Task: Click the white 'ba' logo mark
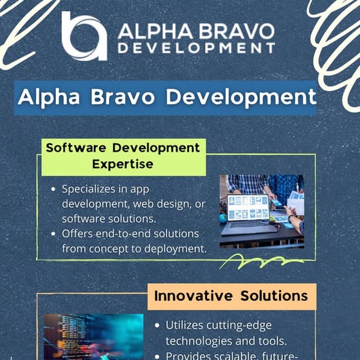point(84,35)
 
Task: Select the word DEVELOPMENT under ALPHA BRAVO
point(196,48)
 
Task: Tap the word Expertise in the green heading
point(122,164)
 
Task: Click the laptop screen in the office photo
point(249,208)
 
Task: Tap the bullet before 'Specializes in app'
point(53,190)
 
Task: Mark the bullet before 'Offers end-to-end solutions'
point(53,233)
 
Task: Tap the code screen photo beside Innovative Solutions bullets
point(93,337)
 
